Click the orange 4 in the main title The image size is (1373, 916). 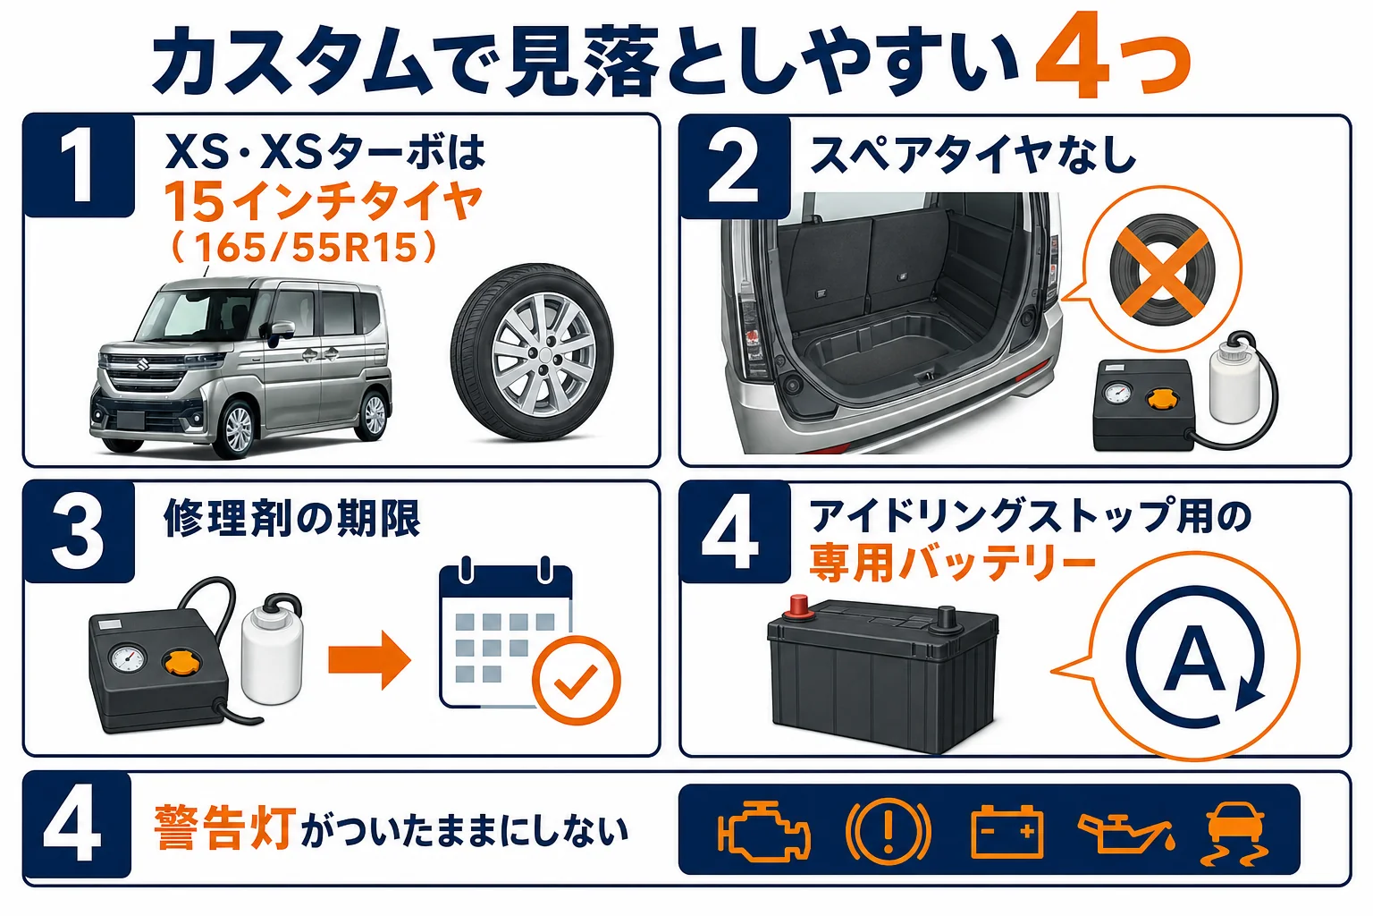pos(1072,55)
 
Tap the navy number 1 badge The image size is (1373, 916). pos(79,165)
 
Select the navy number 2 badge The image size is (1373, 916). pos(735,167)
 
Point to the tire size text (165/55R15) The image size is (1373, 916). pos(305,247)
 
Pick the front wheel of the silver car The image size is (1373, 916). pos(237,428)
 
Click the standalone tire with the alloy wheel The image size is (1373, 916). pos(532,352)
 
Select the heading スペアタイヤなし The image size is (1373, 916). pos(973,154)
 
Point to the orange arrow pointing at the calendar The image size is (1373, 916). pos(369,659)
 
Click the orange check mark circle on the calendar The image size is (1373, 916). pos(576,680)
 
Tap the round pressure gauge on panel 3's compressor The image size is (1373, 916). pos(128,658)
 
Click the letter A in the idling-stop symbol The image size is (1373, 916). pos(1194,658)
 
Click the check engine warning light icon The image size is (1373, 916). pos(763,831)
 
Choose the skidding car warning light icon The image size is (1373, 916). pos(1235,833)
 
